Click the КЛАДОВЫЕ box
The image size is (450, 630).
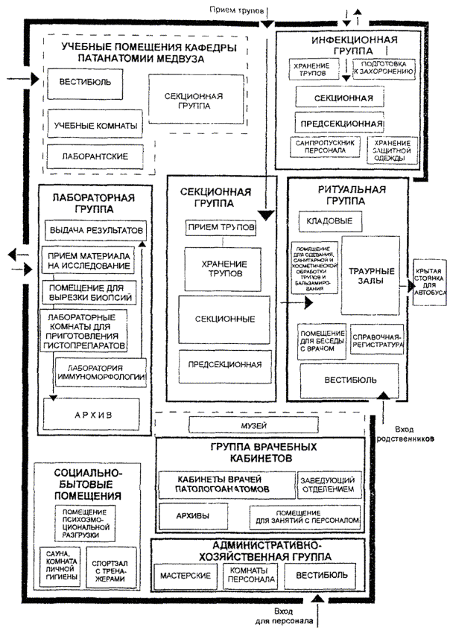[x=330, y=220]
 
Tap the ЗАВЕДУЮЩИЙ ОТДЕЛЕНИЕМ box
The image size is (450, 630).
[x=331, y=484]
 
